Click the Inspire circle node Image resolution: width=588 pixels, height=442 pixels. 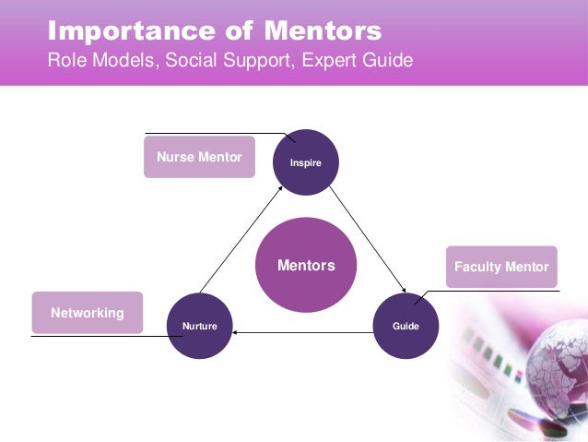(x=307, y=161)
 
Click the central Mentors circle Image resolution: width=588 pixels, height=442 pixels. (x=306, y=266)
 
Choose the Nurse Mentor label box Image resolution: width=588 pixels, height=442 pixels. (x=199, y=158)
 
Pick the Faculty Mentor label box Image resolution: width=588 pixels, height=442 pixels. (x=501, y=267)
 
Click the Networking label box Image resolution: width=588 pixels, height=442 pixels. (x=88, y=313)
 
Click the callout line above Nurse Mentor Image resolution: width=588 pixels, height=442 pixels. (x=212, y=134)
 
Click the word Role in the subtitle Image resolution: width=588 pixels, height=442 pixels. (x=67, y=62)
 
